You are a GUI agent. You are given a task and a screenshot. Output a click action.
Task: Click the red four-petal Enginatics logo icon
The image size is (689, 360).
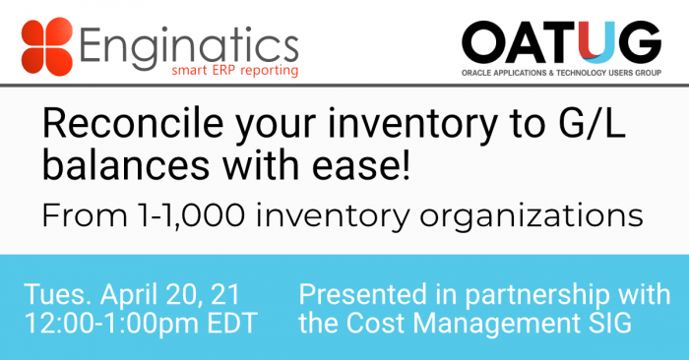[46, 46]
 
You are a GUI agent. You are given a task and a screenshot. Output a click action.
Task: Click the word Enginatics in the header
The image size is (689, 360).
[189, 46]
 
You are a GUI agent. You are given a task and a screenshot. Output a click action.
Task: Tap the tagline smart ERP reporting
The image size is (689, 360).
[235, 71]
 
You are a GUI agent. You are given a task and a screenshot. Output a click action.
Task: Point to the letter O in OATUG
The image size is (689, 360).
[484, 42]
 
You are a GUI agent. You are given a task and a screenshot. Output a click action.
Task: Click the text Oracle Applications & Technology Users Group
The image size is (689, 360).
[561, 73]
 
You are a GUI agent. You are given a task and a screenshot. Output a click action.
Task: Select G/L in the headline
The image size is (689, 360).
[592, 124]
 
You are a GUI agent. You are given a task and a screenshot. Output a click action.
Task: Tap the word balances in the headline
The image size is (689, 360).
[126, 165]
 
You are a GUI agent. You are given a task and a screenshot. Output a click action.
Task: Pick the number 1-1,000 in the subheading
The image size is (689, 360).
[191, 216]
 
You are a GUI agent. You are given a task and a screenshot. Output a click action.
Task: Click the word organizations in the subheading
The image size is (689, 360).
[532, 217]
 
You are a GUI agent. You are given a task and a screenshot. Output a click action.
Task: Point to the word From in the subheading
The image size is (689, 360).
[85, 216]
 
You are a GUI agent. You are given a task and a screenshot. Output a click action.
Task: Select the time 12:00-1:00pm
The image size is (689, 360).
[112, 324]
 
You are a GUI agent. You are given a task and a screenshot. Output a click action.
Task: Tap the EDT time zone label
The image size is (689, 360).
[232, 324]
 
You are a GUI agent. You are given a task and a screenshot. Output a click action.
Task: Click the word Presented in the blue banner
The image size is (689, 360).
[362, 294]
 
